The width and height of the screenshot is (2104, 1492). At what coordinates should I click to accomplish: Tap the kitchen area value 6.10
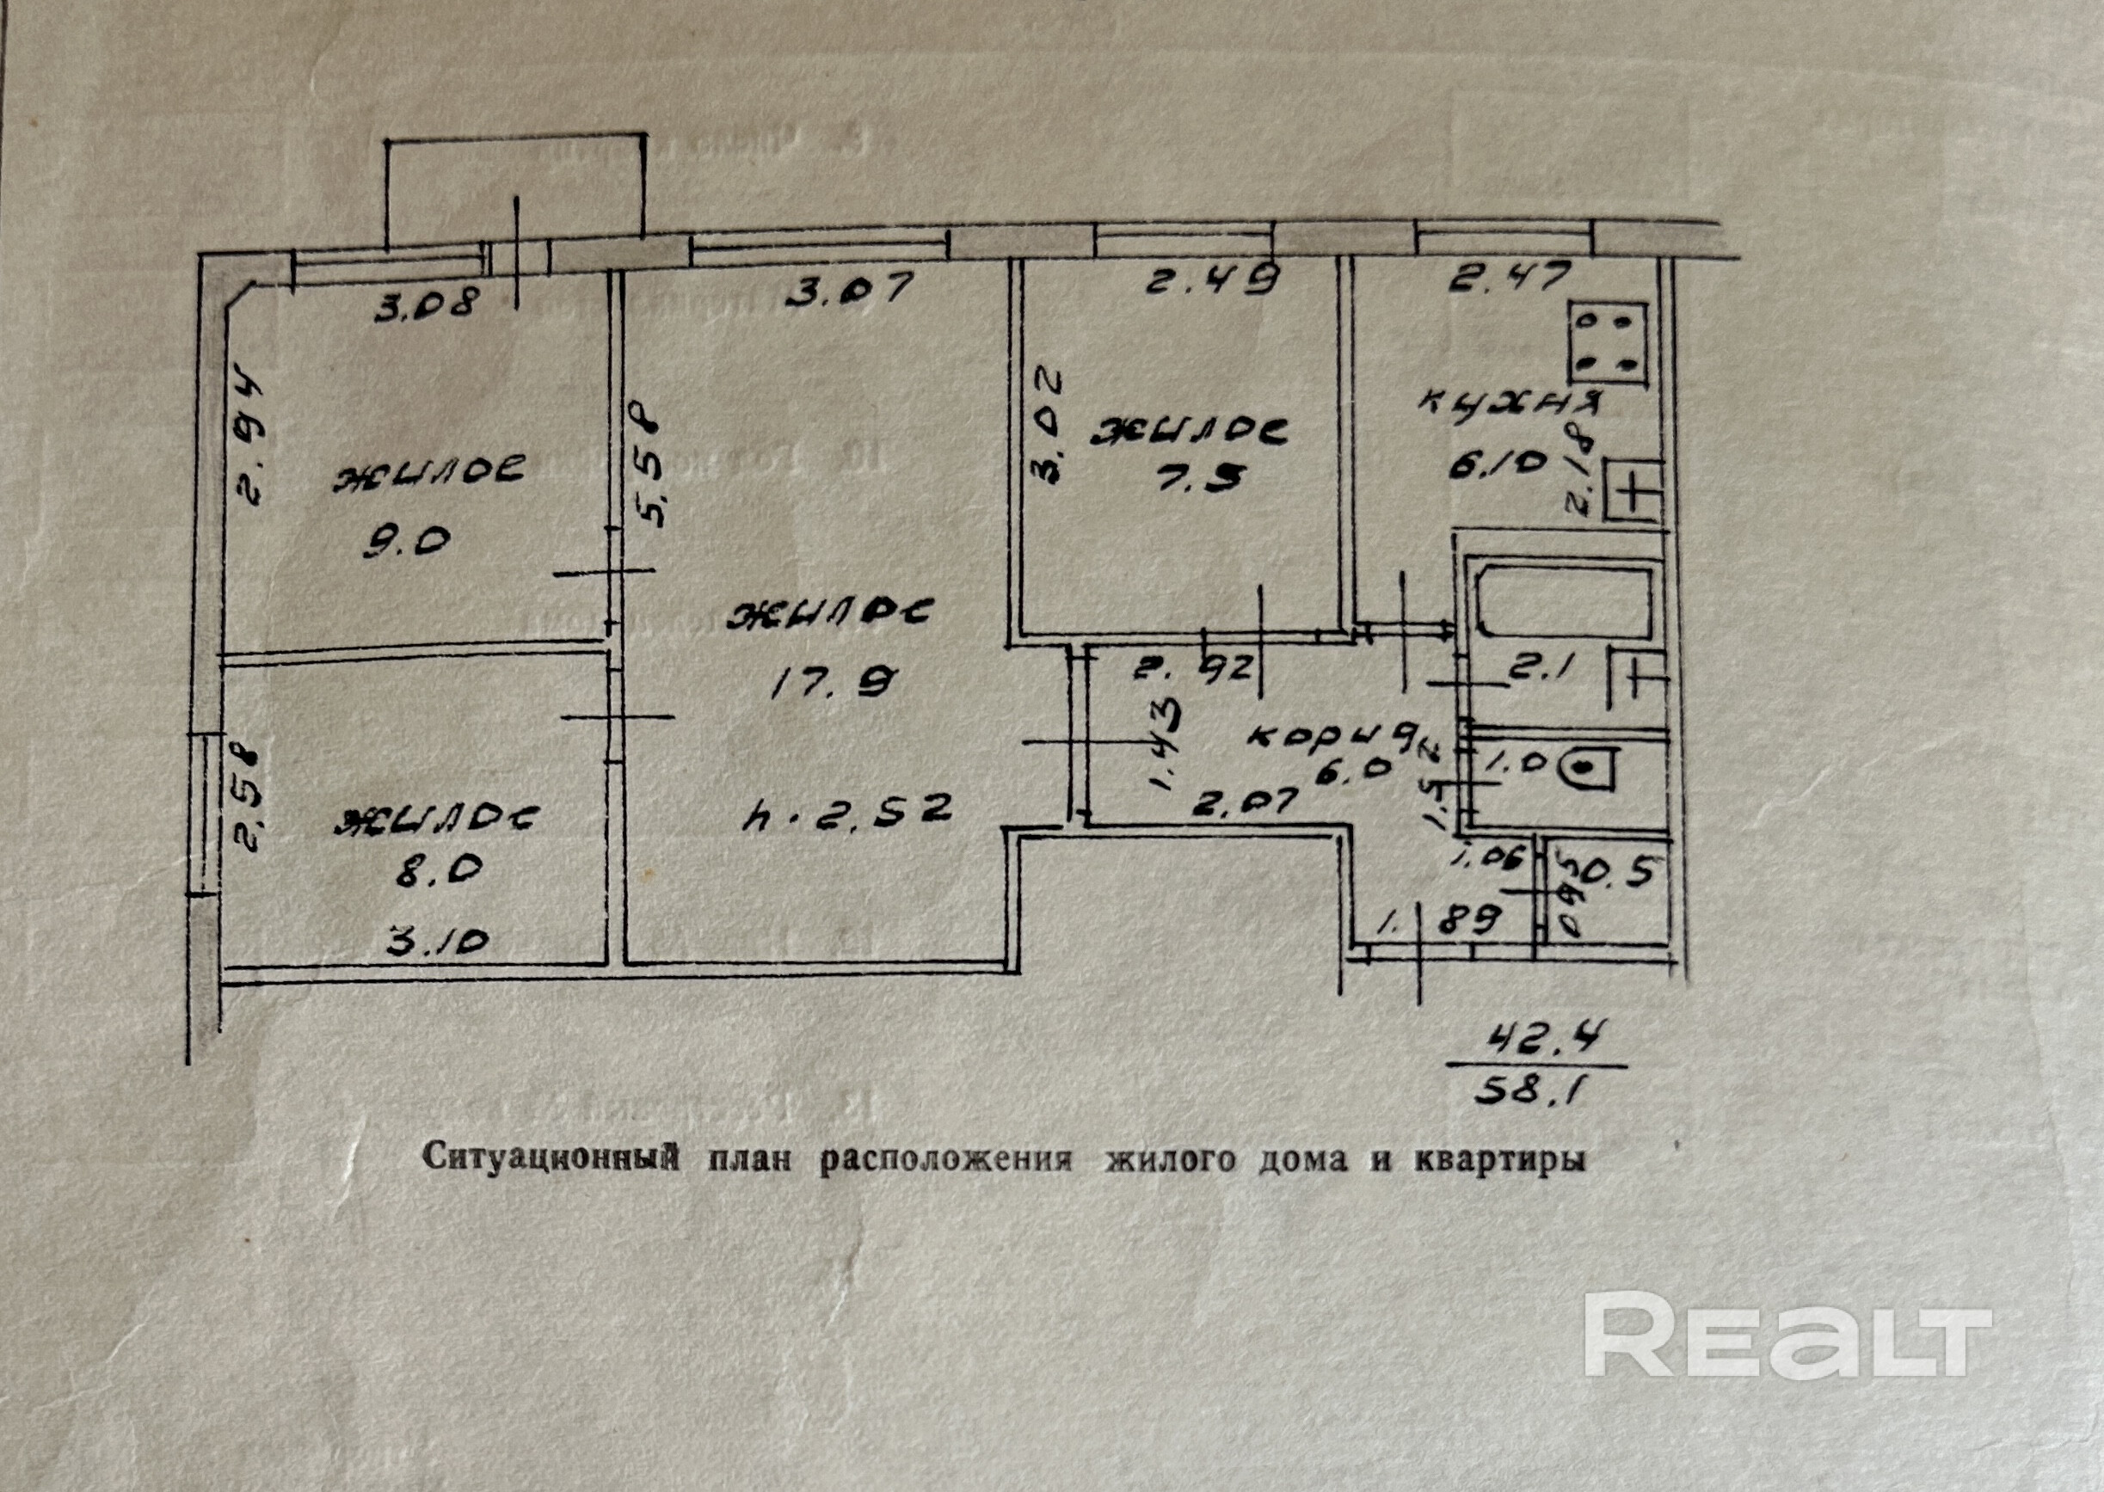tap(1495, 466)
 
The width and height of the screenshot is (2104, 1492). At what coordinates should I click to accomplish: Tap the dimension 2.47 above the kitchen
tap(1507, 277)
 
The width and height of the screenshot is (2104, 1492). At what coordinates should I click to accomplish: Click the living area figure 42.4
tap(1535, 1041)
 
